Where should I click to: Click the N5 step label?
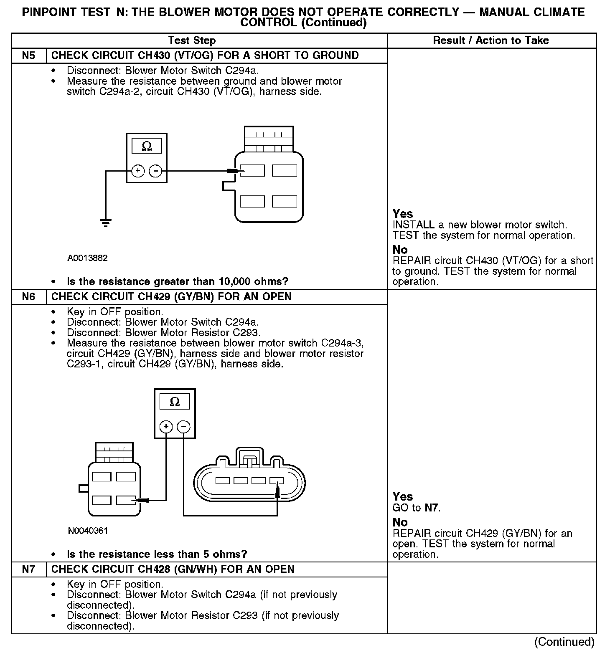point(28,56)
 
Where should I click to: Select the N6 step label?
point(28,297)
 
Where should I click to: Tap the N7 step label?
point(28,569)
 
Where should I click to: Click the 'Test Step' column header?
point(192,40)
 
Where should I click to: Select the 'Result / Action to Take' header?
point(491,40)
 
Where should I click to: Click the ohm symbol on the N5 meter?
point(147,146)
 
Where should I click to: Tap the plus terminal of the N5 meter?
point(138,171)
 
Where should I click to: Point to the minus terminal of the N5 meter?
point(155,171)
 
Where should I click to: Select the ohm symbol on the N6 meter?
point(175,402)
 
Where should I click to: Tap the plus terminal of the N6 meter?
point(166,427)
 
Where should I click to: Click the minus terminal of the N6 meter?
point(183,427)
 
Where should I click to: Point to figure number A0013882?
point(87,258)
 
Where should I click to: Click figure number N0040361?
point(88,531)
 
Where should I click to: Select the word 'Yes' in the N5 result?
point(403,214)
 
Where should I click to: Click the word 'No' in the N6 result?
point(400,522)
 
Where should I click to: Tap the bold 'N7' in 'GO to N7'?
point(432,508)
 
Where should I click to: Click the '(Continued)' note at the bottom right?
point(564,642)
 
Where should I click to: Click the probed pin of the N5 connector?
point(252,171)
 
